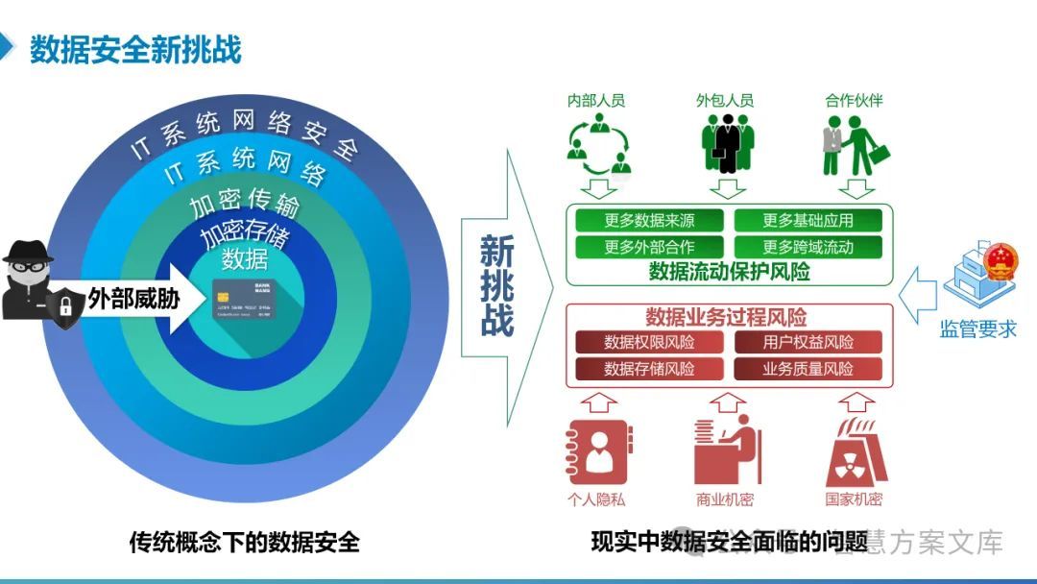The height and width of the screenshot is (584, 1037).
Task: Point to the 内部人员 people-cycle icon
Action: point(596,144)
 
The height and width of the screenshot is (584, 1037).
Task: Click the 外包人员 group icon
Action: point(726,144)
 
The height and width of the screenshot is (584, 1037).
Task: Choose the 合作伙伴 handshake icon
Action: point(854,145)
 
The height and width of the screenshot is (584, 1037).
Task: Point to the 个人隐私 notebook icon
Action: point(595,451)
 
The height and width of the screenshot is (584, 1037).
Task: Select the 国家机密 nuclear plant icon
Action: point(854,451)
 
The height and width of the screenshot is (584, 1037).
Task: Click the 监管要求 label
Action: point(977,329)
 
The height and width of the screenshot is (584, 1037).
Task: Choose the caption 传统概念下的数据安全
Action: point(244,543)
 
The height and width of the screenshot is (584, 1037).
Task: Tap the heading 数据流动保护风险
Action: point(730,272)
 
